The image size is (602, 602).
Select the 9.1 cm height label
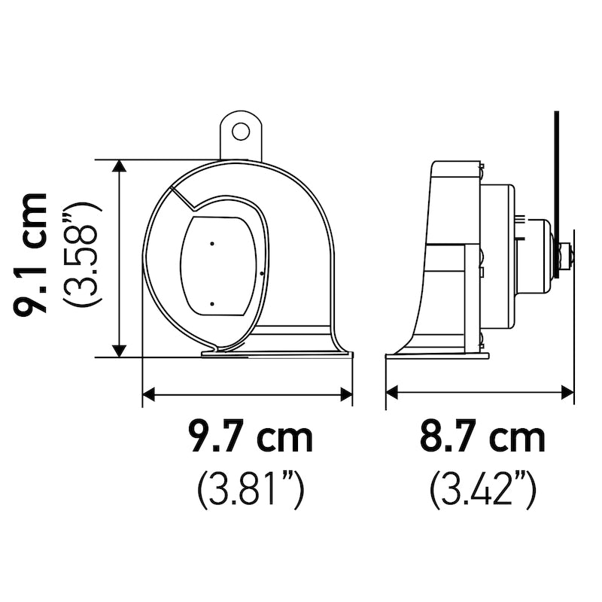pyautogui.click(x=30, y=254)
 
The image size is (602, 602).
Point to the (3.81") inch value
pyautogui.click(x=251, y=491)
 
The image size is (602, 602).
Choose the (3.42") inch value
pyautogui.click(x=482, y=491)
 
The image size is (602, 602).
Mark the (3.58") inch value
pyautogui.click(x=82, y=254)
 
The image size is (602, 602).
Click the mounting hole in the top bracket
pyautogui.click(x=241, y=131)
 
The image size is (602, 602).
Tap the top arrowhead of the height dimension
pyautogui.click(x=120, y=166)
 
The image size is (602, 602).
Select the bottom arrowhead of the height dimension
pyautogui.click(x=120, y=351)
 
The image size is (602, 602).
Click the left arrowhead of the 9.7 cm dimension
pyautogui.click(x=148, y=394)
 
